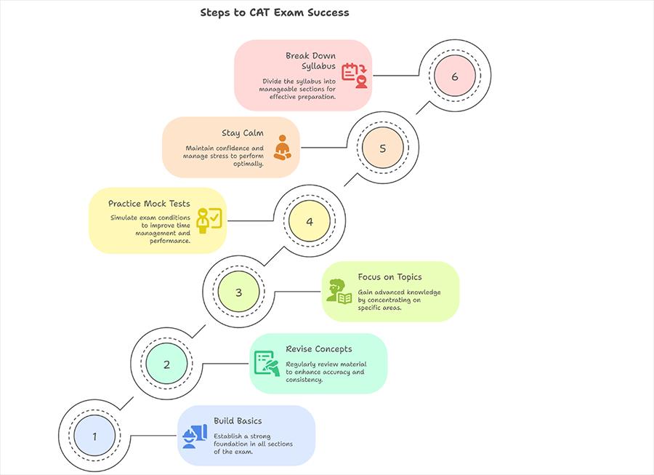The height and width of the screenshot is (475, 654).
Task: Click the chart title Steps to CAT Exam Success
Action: tap(275, 12)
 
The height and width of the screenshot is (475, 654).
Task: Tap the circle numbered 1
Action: tap(94, 436)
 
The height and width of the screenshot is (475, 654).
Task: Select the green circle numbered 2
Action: tap(166, 364)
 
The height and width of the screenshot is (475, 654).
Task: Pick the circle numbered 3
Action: tap(238, 292)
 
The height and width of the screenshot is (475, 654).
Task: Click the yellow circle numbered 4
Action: tap(310, 221)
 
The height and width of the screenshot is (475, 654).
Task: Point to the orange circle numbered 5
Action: tap(382, 148)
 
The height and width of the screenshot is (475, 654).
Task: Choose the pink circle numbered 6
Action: tap(455, 76)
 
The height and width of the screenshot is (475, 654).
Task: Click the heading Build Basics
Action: tap(238, 420)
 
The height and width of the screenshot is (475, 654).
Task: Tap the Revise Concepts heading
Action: tap(319, 349)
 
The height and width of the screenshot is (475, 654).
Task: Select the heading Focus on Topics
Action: tap(389, 276)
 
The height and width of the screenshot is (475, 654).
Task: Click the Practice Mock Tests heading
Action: tap(149, 204)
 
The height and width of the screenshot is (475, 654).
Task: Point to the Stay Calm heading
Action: tap(242, 133)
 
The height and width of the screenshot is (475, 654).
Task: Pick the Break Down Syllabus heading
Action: tap(310, 61)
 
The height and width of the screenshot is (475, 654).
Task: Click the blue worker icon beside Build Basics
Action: tap(195, 436)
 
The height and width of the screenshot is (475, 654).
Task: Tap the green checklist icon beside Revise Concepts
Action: tap(267, 364)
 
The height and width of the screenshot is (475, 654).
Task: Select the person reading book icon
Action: tap(339, 291)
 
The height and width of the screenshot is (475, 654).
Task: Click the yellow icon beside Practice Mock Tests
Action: tap(209, 220)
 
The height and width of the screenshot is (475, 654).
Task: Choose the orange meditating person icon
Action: tap(283, 148)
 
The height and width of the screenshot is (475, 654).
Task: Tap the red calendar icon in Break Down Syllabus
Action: tap(355, 76)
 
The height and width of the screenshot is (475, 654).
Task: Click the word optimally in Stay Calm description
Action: tap(249, 164)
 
